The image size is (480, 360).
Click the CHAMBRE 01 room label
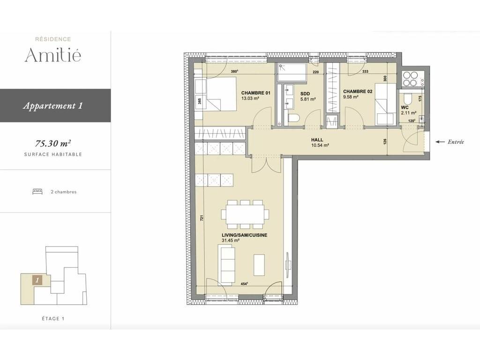[255, 93]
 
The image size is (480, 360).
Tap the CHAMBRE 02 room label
[358, 91]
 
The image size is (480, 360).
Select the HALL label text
[317, 140]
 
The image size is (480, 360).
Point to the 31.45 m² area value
[230, 240]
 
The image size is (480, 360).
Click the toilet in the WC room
[408, 98]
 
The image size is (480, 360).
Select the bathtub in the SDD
[292, 73]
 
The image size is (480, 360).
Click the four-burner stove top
[410, 79]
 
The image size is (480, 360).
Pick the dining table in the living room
[245, 214]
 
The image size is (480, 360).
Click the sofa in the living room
[227, 264]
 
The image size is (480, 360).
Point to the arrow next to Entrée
[440, 142]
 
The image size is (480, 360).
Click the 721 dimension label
[202, 218]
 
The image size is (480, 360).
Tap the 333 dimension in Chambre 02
[365, 72]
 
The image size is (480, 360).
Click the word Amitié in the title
[53, 55]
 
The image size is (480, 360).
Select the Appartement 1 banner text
[52, 105]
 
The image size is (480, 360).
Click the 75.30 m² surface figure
[53, 143]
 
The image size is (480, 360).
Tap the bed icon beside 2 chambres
[37, 192]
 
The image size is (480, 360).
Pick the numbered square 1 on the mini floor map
[37, 280]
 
